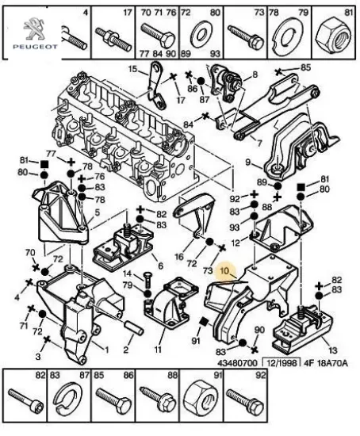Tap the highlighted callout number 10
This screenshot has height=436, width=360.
click(224, 271)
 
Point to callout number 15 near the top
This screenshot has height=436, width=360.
click(134, 71)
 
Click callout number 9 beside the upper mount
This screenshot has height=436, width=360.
click(248, 163)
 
